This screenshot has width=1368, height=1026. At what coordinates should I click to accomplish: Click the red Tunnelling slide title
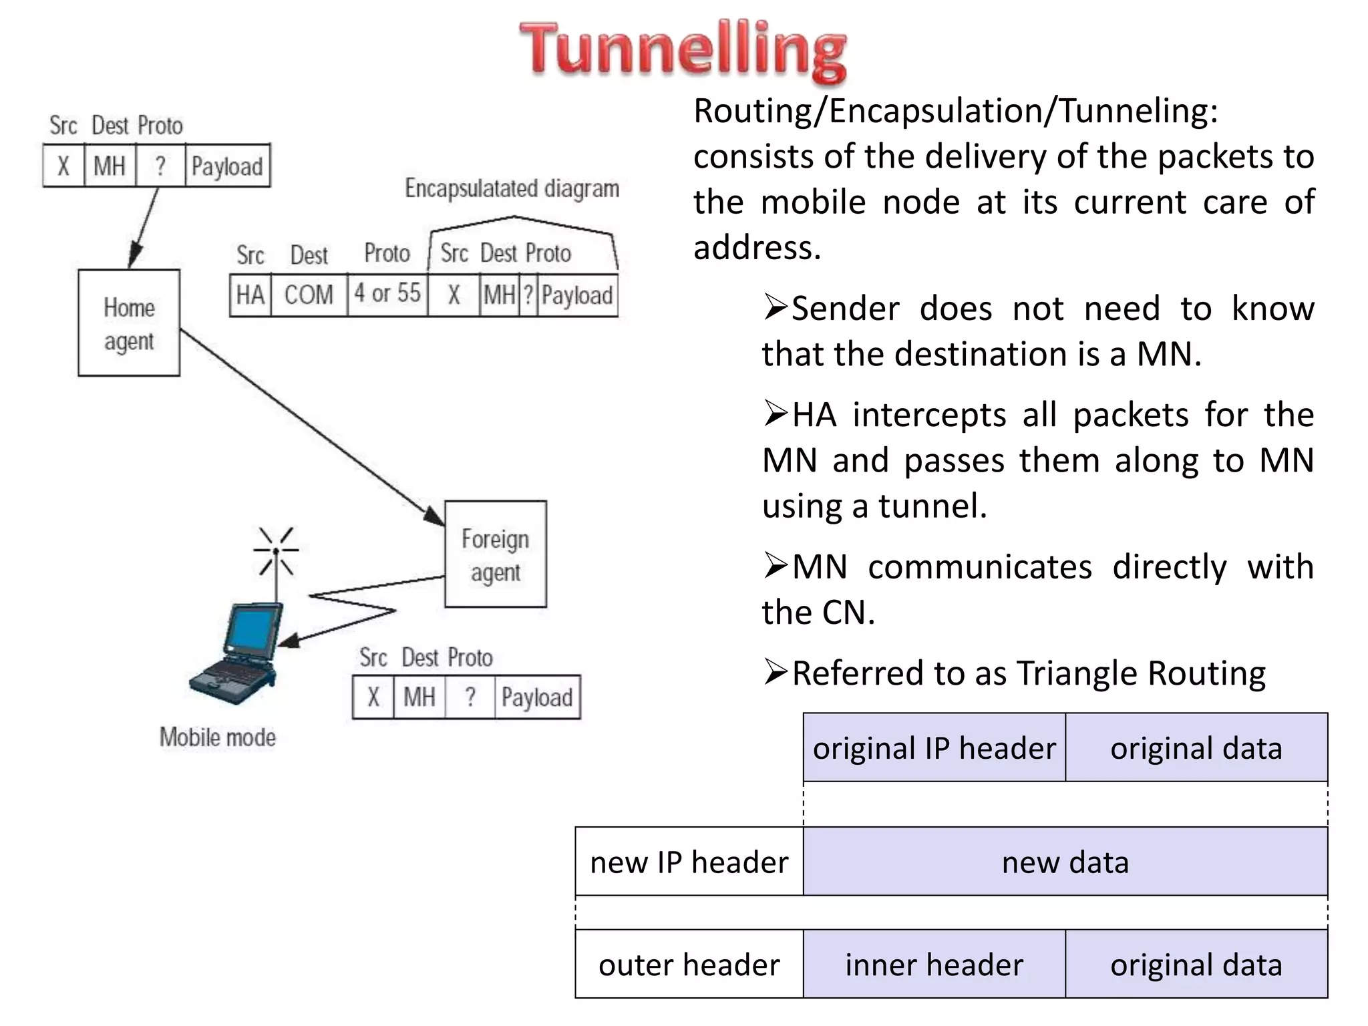click(x=683, y=50)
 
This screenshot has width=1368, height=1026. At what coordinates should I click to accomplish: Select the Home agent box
click(x=129, y=323)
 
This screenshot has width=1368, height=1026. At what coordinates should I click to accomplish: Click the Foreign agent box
click(x=496, y=554)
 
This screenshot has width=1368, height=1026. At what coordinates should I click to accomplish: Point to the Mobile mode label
click(x=218, y=737)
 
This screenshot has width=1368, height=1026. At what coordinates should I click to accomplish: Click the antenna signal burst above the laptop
click(x=277, y=551)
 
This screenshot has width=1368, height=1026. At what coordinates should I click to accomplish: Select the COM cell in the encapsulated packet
click(x=309, y=295)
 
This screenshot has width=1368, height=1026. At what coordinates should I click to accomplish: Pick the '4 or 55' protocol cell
click(x=387, y=293)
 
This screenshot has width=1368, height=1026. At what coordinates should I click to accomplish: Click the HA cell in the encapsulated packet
click(x=250, y=295)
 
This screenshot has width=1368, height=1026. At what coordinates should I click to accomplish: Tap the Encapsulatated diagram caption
click(x=512, y=188)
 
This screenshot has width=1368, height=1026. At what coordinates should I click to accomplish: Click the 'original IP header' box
click(x=934, y=748)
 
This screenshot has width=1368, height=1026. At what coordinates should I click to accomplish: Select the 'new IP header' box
click(x=689, y=862)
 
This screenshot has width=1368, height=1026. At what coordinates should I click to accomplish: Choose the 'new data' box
click(x=1065, y=862)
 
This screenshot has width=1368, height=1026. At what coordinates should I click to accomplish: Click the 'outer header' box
click(x=689, y=965)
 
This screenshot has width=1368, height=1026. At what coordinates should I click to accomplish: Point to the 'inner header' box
click(x=934, y=965)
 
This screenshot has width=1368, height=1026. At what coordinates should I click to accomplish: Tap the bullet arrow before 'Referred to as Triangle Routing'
click(x=776, y=672)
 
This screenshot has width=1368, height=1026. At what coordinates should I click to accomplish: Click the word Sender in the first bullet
click(x=844, y=309)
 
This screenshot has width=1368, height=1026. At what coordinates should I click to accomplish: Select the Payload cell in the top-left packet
click(x=227, y=166)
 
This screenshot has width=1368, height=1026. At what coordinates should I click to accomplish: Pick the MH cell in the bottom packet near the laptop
click(x=419, y=697)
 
